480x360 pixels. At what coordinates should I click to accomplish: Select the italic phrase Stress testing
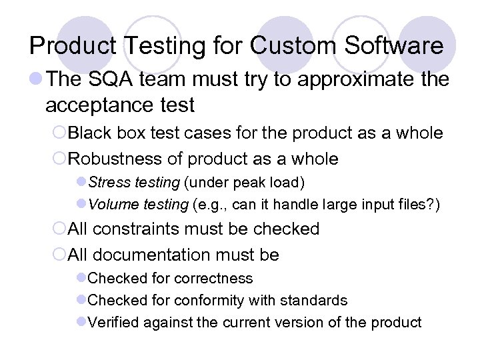[134, 181]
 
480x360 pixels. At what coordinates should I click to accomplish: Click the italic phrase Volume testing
[137, 203]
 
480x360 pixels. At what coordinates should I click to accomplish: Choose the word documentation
[159, 255]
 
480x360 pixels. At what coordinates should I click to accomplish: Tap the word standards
[315, 301]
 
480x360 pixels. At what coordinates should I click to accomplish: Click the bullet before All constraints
[58, 229]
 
